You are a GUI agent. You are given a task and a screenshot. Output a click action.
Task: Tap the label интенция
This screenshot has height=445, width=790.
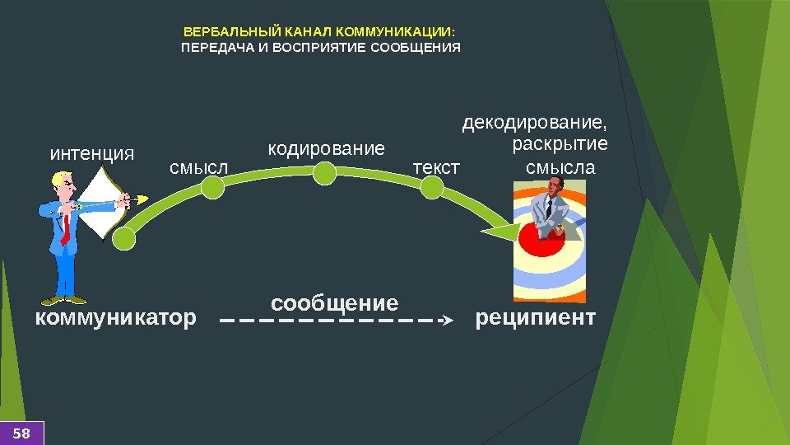tap(92, 153)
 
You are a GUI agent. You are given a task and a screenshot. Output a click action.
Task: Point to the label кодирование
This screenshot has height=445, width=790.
tap(327, 149)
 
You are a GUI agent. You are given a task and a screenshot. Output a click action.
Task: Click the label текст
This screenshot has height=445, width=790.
tap(436, 167)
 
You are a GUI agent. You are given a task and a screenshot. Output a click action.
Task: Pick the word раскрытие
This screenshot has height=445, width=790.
tap(560, 145)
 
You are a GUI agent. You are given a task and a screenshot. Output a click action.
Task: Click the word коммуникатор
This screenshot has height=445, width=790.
tap(116, 317)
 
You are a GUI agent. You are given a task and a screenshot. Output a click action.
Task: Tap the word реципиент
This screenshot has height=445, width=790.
tap(535, 317)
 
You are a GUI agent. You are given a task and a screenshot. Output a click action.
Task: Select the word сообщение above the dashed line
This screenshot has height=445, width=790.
tap(334, 302)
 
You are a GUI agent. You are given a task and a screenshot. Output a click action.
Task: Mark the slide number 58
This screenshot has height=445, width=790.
tap(21, 433)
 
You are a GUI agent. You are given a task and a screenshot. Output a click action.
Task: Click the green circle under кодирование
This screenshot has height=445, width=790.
tap(326, 173)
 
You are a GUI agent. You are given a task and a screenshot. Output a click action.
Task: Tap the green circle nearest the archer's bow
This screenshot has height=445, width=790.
tap(123, 239)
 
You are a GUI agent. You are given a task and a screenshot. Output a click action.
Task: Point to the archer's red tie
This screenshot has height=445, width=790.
tap(64, 230)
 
